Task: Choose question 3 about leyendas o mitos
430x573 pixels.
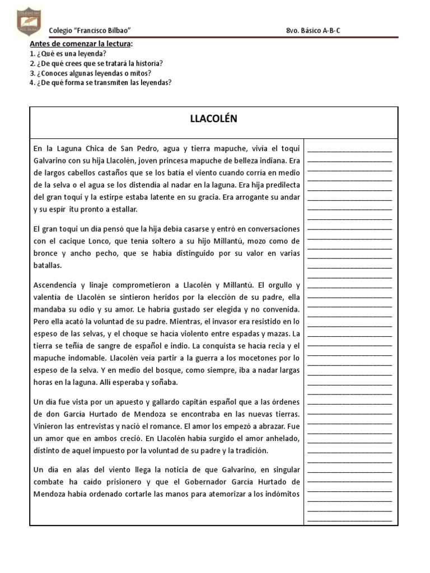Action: pos(90,73)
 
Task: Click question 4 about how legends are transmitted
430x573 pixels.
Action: pos(100,83)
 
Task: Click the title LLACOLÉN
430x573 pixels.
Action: pos(213,119)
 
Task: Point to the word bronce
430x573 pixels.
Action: pos(46,253)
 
